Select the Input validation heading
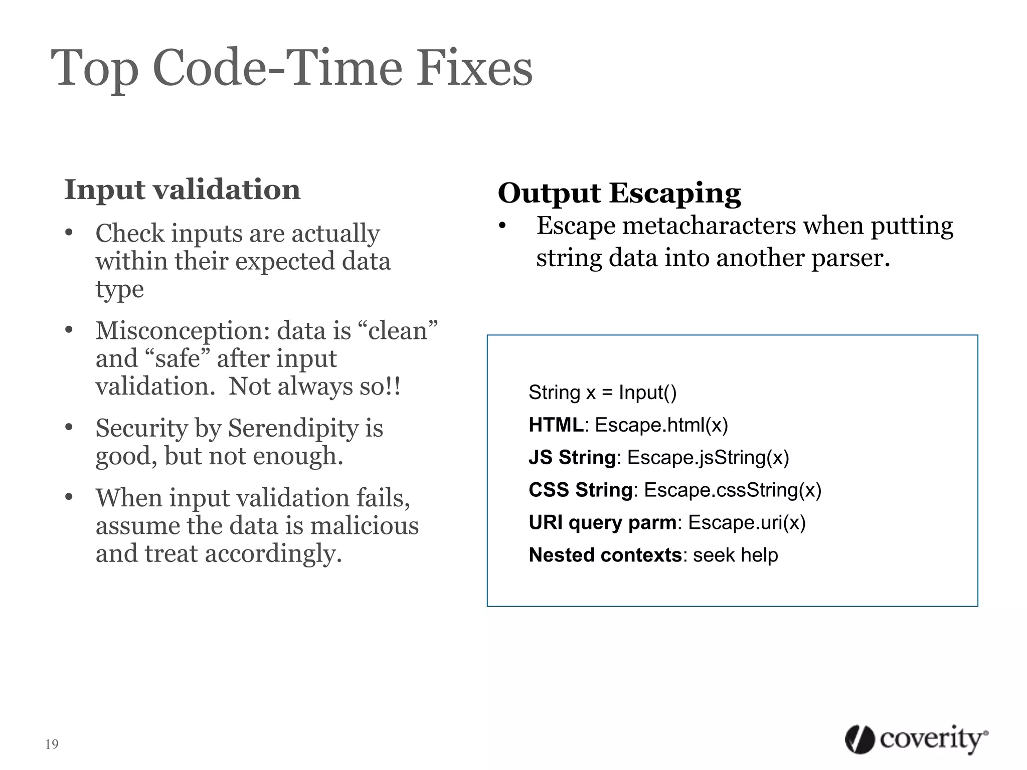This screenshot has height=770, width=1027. [x=182, y=189]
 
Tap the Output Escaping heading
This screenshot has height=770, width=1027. [x=619, y=193]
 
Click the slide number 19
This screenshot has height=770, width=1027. [x=52, y=744]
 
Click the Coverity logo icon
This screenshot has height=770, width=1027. [x=860, y=739]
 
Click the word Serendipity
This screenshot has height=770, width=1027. [x=293, y=429]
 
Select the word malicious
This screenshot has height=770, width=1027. [x=364, y=526]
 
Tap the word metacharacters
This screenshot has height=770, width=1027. [x=709, y=226]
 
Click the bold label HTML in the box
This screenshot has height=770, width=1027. [x=556, y=425]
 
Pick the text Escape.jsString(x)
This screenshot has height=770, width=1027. [x=708, y=458]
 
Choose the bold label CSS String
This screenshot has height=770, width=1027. [x=580, y=490]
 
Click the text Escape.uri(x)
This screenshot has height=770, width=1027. [x=746, y=523]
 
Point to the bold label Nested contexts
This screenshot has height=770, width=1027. [x=605, y=555]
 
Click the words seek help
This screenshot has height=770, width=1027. [x=735, y=555]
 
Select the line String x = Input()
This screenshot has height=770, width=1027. [x=602, y=393]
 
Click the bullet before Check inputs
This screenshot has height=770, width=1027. [x=69, y=233]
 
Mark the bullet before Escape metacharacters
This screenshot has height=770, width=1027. [x=502, y=226]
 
